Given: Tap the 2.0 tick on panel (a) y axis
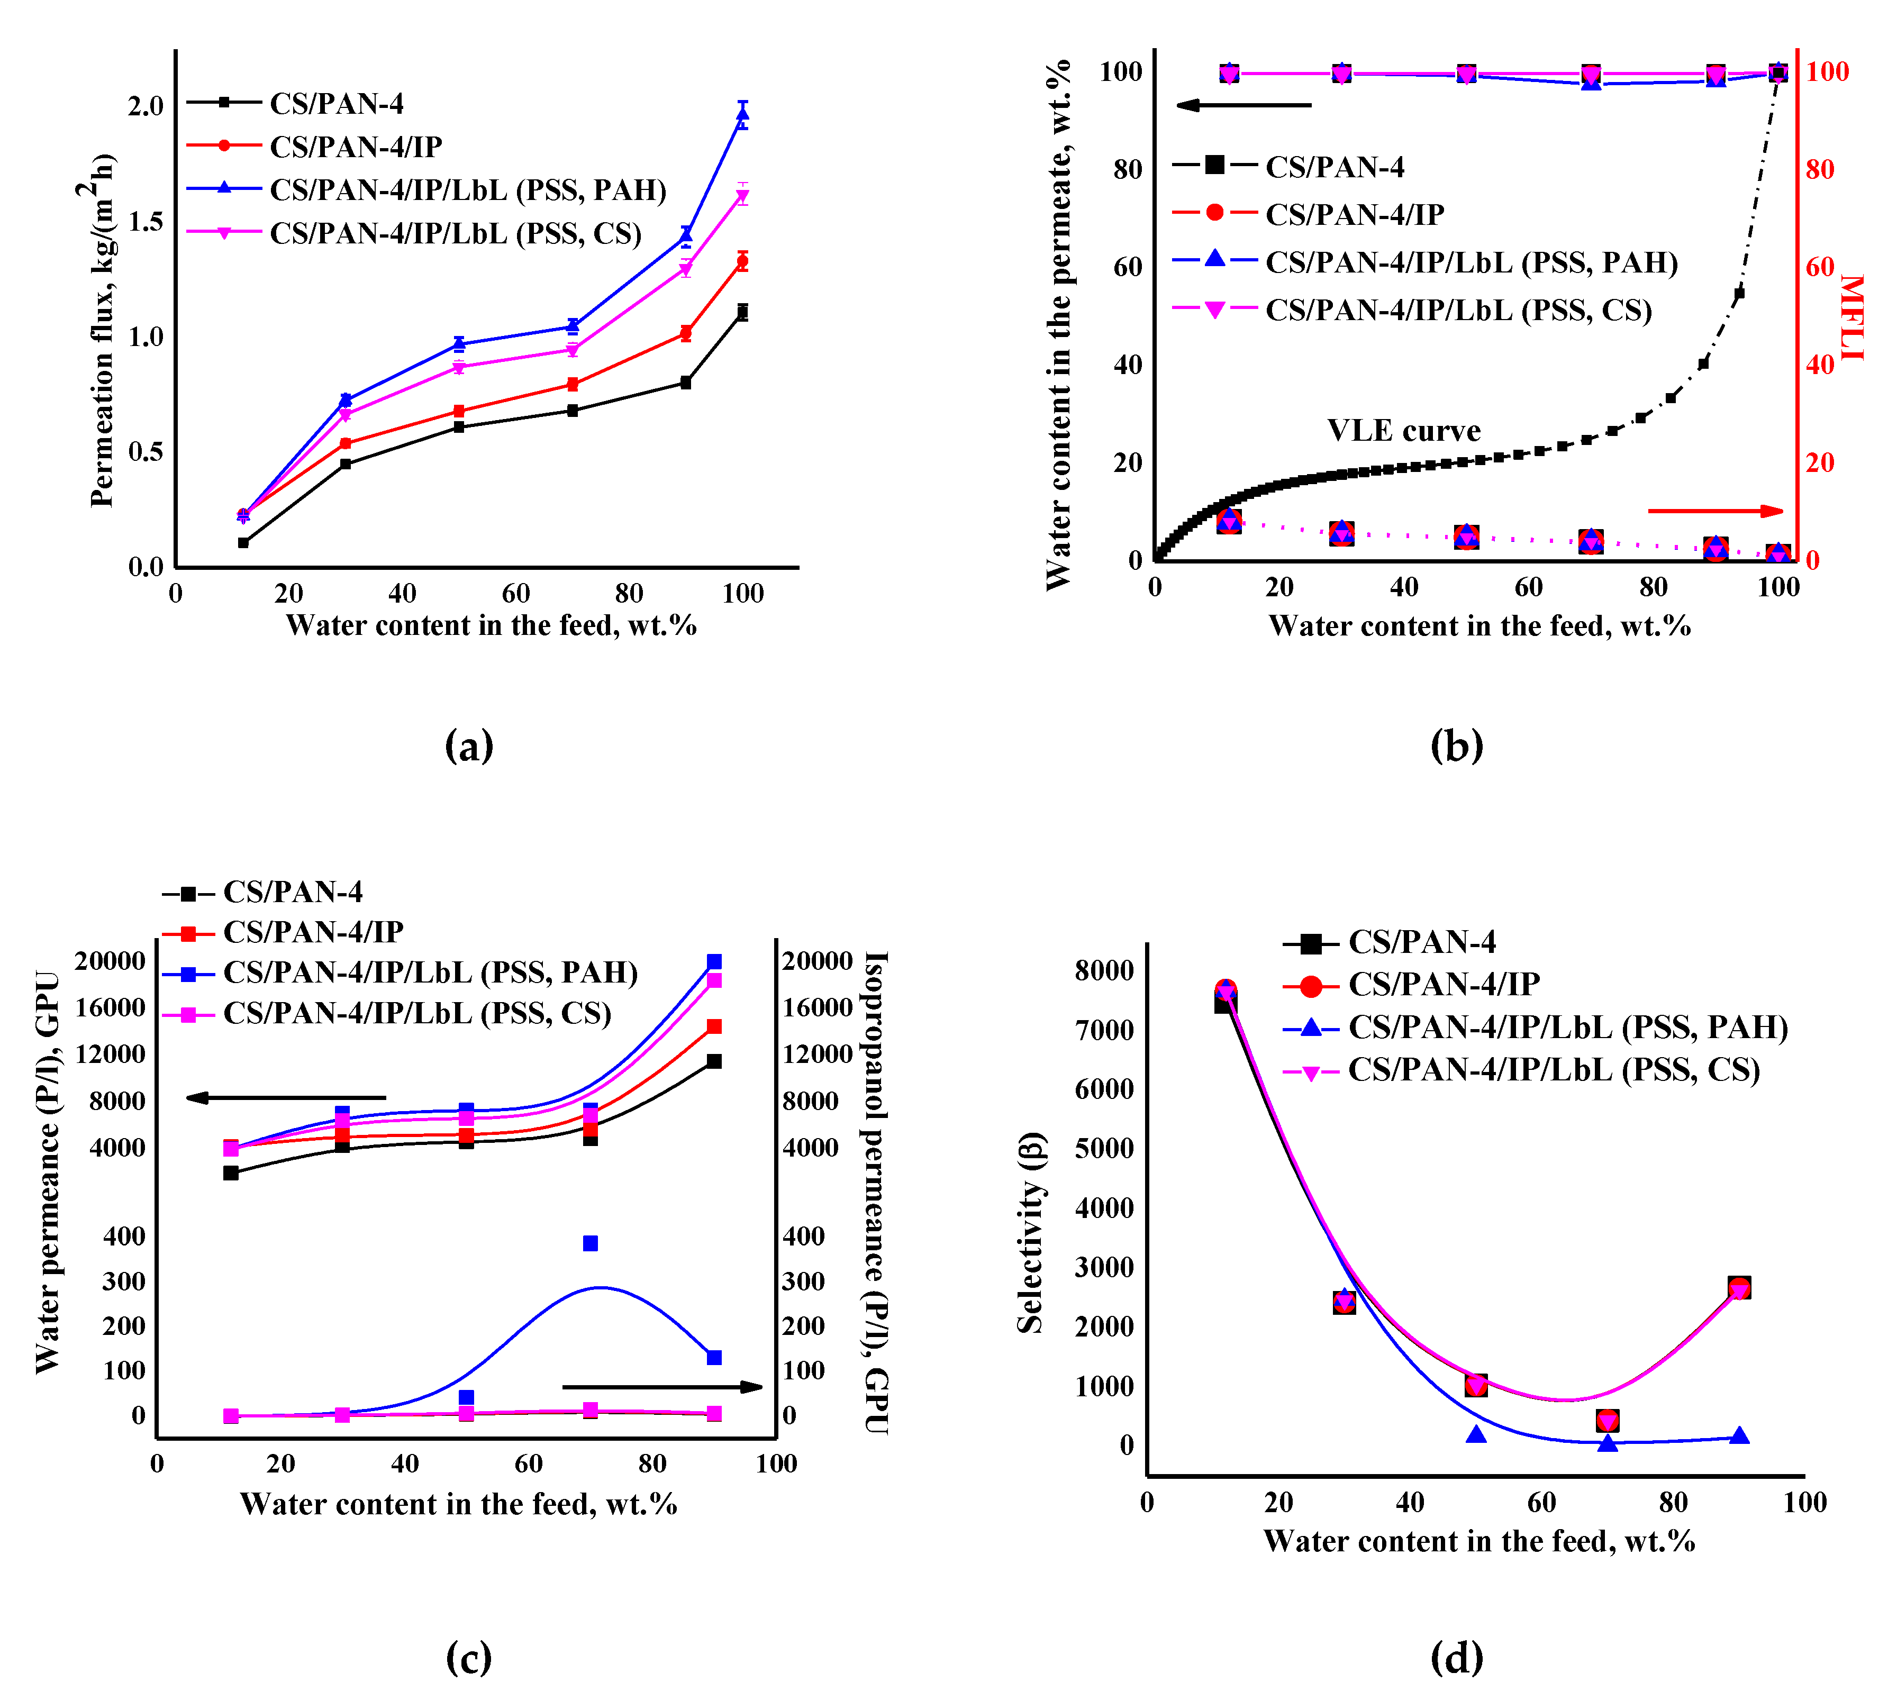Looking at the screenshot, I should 146,105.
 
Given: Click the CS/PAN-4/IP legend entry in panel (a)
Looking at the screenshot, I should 355,147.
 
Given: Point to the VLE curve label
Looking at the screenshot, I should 1403,431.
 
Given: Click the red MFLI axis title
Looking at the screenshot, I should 1851,317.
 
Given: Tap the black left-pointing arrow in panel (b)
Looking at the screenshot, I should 1242,105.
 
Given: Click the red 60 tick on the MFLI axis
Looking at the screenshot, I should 1820,267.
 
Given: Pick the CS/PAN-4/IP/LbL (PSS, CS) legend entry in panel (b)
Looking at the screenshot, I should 1457,310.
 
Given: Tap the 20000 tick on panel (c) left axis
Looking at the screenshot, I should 110,961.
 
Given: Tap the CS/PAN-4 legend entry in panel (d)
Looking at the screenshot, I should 1420,942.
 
